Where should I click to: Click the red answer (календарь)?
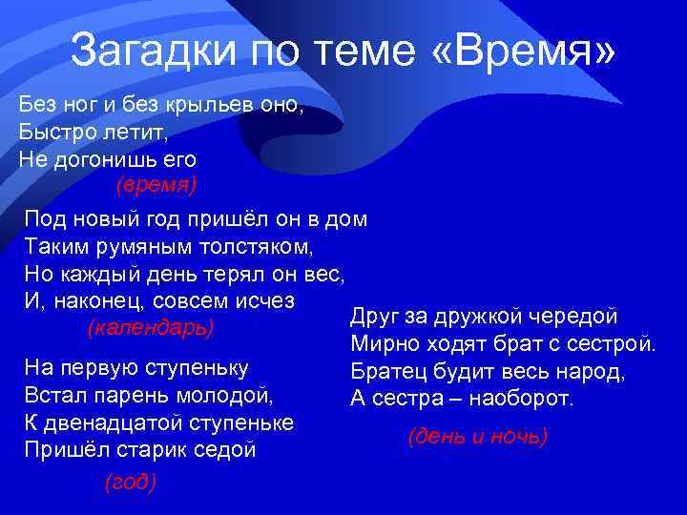point(150,327)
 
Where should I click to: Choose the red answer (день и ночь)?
point(477,436)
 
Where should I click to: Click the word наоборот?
point(527,397)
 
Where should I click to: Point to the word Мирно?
point(385,342)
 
